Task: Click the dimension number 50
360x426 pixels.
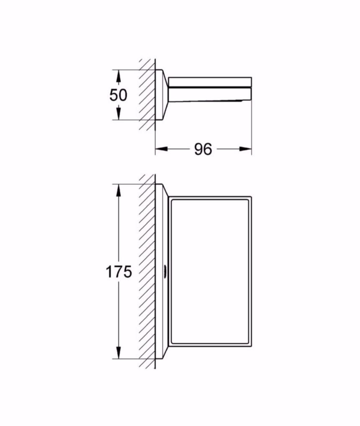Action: click(x=118, y=95)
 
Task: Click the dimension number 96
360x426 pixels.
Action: click(x=203, y=149)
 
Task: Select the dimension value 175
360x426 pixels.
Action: click(x=119, y=272)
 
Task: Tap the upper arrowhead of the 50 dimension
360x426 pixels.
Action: click(x=119, y=76)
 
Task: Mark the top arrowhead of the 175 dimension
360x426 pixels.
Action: click(x=119, y=190)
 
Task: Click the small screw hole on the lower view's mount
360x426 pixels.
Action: click(x=166, y=272)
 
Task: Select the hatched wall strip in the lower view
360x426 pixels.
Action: click(x=147, y=271)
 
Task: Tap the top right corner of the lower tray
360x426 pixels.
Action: click(x=251, y=196)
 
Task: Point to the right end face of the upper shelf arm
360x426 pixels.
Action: click(x=251, y=88)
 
